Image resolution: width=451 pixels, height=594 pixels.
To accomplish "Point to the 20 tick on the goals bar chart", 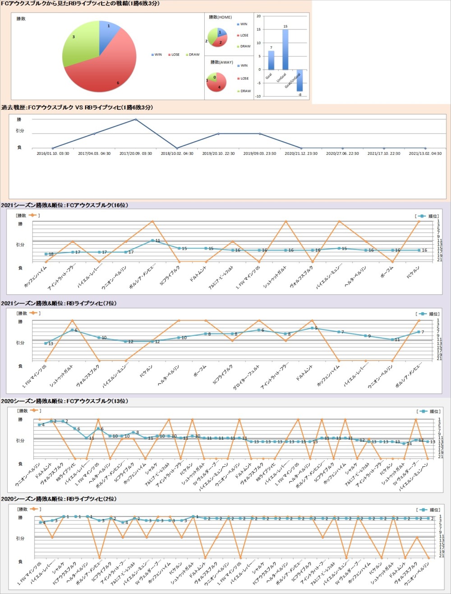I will [258, 16].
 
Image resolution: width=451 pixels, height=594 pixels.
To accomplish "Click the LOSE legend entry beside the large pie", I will [174, 55].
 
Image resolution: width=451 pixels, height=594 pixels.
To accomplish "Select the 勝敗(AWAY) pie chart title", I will [221, 62].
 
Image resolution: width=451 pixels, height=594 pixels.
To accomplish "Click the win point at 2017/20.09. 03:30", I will [136, 120].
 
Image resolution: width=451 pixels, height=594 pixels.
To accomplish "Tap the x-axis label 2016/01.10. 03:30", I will [53, 154].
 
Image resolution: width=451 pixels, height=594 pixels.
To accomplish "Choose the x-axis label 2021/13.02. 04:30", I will [425, 154].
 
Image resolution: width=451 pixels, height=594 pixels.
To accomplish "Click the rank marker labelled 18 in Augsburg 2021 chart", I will [46, 254].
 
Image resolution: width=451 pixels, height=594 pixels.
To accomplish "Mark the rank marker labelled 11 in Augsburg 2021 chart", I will [152, 241].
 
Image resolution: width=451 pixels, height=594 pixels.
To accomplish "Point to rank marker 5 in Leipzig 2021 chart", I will [312, 328].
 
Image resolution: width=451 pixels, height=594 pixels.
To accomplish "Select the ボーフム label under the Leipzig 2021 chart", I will [201, 372].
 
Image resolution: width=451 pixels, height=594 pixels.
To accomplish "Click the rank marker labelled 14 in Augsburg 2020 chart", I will [404, 443].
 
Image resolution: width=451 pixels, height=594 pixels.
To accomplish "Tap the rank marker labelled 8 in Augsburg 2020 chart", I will [133, 432].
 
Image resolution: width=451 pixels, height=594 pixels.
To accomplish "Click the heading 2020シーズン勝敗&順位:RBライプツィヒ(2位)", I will [59, 499].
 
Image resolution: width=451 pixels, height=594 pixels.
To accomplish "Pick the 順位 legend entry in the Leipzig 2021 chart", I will [429, 314].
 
